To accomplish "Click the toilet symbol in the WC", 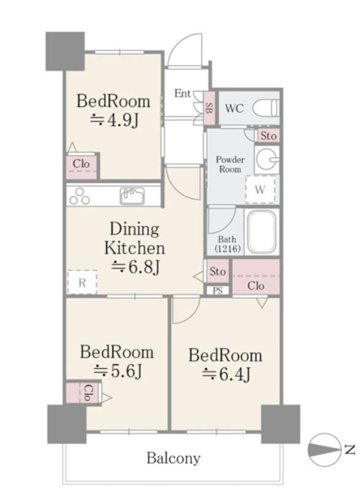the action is pyautogui.click(x=266, y=109).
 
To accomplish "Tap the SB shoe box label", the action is pyautogui.click(x=209, y=108).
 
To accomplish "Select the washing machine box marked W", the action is pyautogui.click(x=260, y=189).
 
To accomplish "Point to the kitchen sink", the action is pyautogui.click(x=132, y=196).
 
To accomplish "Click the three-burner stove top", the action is pyautogui.click(x=80, y=196).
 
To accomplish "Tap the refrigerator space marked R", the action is pyautogui.click(x=82, y=282).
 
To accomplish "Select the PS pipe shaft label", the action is pyautogui.click(x=218, y=290).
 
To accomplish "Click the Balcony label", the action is pyautogui.click(x=174, y=458).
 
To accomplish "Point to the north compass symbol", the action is pyautogui.click(x=325, y=450).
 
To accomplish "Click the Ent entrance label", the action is pyautogui.click(x=182, y=93).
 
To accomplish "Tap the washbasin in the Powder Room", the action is pyautogui.click(x=267, y=160).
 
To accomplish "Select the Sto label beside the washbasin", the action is pyautogui.click(x=269, y=136).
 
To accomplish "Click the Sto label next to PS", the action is pyautogui.click(x=217, y=271).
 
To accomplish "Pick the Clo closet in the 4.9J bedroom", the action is pyautogui.click(x=81, y=166).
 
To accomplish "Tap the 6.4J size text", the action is pyautogui.click(x=226, y=374).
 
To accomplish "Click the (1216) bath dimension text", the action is pyautogui.click(x=228, y=249).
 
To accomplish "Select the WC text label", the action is pyautogui.click(x=234, y=109).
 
